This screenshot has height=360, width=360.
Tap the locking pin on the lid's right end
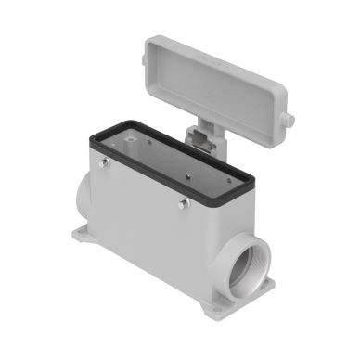(x=289, y=120)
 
